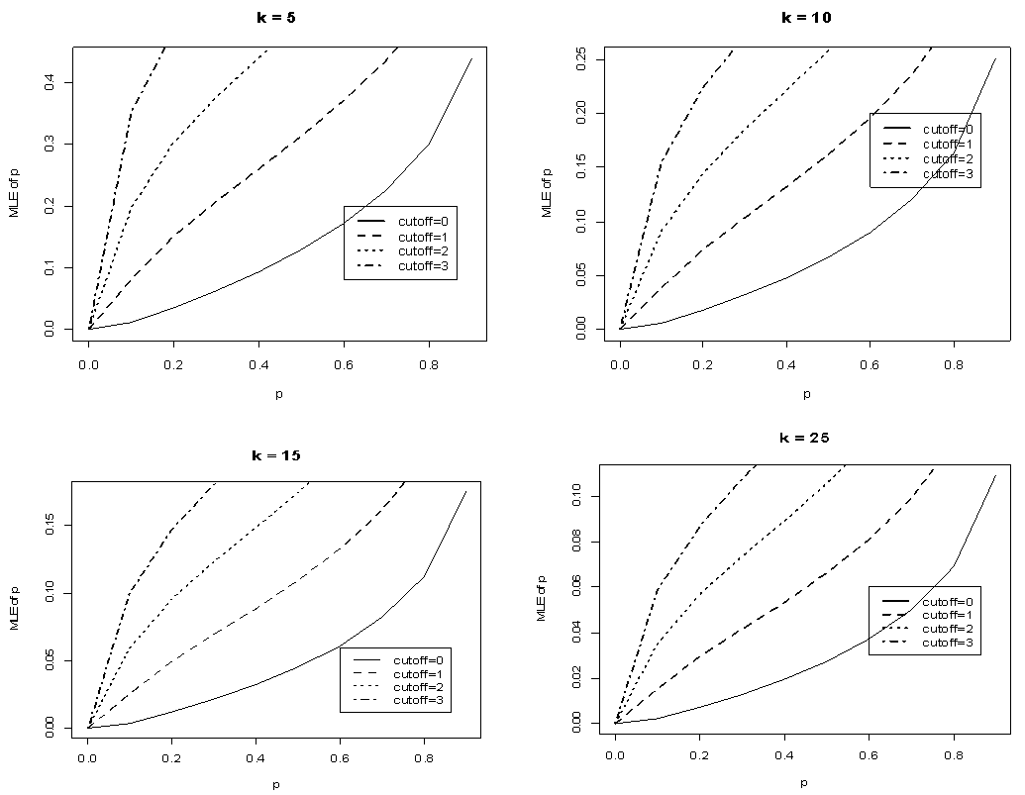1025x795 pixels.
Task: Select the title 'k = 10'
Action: click(x=806, y=17)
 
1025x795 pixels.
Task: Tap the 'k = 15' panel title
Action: click(x=275, y=456)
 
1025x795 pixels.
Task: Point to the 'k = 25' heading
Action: click(x=802, y=438)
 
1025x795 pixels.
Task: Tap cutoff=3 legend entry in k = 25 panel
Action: click(x=948, y=644)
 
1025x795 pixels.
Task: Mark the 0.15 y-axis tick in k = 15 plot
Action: click(x=51, y=526)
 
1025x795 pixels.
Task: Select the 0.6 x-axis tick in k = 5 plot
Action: click(x=342, y=363)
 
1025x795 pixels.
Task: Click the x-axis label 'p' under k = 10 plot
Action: click(x=806, y=393)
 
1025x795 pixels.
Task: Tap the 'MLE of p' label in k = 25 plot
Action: click(x=541, y=596)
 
